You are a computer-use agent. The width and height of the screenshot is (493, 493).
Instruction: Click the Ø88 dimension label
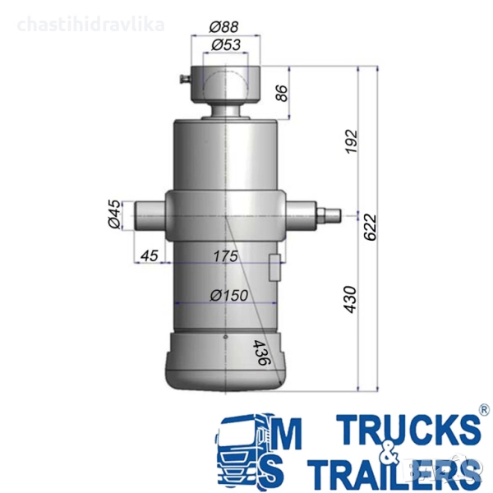click(223, 27)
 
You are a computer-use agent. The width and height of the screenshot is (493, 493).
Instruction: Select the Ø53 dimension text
click(226, 45)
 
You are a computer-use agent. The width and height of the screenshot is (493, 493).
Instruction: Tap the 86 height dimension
click(282, 93)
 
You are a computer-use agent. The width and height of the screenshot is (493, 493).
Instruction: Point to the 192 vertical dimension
click(352, 141)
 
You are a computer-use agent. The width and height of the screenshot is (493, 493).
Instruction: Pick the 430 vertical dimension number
click(351, 299)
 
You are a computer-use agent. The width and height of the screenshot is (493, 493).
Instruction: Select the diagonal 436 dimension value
click(261, 352)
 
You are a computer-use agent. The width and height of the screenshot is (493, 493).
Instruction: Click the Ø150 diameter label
click(229, 295)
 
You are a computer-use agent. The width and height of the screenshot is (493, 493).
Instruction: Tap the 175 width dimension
click(226, 256)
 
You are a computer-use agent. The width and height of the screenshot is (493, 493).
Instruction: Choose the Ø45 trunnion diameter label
click(114, 214)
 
